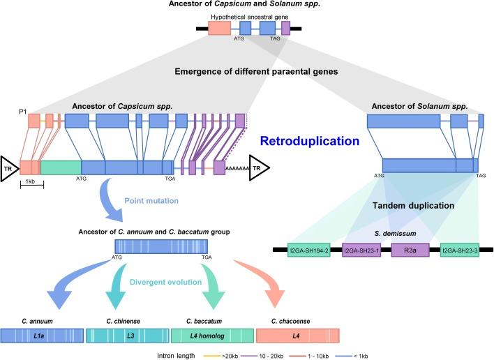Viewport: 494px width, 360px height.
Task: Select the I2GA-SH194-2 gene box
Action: tap(308, 249)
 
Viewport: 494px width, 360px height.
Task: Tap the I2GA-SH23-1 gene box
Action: tap(361, 249)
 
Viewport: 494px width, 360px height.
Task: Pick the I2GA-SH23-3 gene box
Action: tap(459, 249)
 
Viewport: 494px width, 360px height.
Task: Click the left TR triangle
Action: tap(9, 167)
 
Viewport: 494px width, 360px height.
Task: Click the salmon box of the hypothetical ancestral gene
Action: tap(219, 28)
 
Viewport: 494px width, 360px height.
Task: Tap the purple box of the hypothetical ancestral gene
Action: tap(285, 28)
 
